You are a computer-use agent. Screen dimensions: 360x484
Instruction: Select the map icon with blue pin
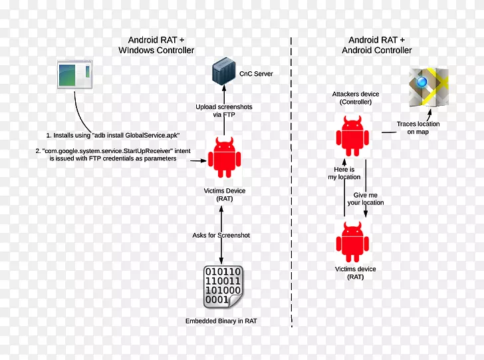pos(428,87)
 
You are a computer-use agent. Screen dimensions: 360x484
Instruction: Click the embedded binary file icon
pos(223,287)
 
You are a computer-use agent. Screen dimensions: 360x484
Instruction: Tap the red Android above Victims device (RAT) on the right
pos(353,242)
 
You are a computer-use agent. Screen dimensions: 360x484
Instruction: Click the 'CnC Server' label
pos(256,74)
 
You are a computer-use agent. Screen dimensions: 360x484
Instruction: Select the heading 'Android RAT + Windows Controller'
pos(156,45)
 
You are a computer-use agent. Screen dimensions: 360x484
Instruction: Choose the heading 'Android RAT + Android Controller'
pos(376,45)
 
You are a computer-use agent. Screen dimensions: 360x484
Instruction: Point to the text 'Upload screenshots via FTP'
pos(223,110)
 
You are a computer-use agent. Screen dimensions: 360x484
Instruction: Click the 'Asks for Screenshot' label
pos(222,235)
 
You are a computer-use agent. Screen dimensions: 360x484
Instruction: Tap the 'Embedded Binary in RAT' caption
pos(221,321)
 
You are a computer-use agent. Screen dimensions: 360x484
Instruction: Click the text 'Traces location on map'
pos(418,128)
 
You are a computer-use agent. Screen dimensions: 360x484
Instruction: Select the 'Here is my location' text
pos(344,173)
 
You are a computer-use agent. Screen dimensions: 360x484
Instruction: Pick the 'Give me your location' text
pos(365,198)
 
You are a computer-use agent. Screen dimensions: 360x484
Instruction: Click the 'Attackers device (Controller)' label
pos(356,98)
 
